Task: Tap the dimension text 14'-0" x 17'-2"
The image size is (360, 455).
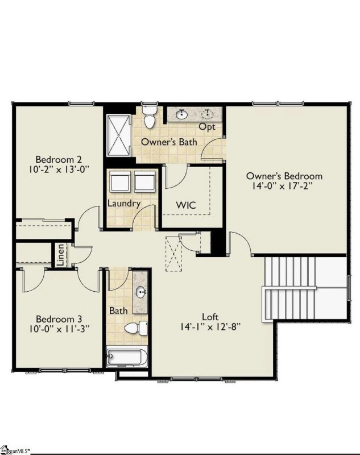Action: [x=284, y=186]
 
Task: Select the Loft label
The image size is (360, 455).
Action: [x=210, y=316]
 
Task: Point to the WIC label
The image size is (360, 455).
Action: [x=186, y=205]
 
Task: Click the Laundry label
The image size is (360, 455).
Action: [x=123, y=203]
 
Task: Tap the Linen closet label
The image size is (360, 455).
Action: [x=60, y=255]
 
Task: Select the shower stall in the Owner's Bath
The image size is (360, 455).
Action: [x=118, y=134]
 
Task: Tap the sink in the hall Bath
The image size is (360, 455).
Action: [x=140, y=293]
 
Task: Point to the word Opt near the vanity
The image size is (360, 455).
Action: [x=208, y=127]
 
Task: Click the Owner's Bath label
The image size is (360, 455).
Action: [x=169, y=142]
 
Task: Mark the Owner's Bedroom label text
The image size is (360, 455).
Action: [x=284, y=176]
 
